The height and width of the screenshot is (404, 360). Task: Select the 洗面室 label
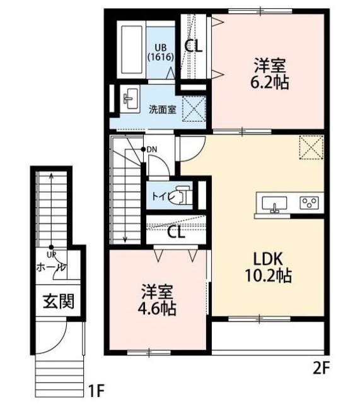pyautogui.click(x=162, y=109)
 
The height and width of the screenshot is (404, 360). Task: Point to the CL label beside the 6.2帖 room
pyautogui.click(x=193, y=45)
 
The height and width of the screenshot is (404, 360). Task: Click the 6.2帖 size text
pyautogui.click(x=272, y=83)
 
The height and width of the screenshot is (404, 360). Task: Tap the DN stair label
pyautogui.click(x=153, y=150)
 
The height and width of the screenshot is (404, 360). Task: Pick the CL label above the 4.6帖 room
pyautogui.click(x=177, y=232)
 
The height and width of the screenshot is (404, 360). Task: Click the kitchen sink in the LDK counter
pyautogui.click(x=273, y=203)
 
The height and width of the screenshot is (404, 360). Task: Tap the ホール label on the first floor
pyautogui.click(x=50, y=268)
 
